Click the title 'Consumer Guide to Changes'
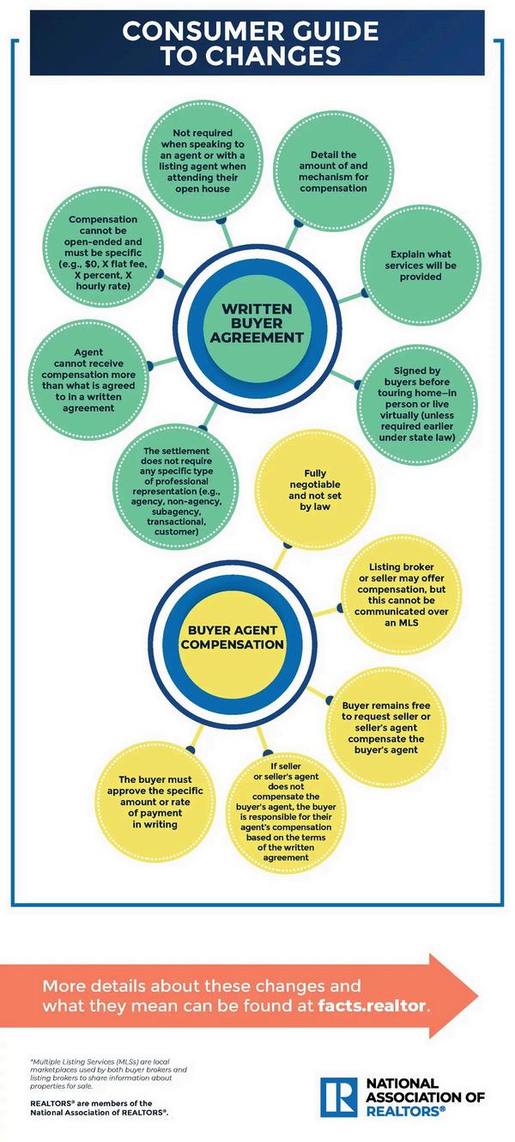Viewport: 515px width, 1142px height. (x=250, y=43)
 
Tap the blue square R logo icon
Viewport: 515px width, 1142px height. (x=336, y=1096)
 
